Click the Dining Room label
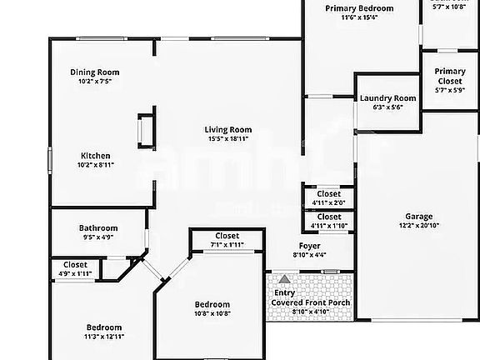[94, 72]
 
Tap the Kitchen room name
[95, 156]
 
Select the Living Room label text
[228, 129]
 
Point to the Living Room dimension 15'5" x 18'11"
[228, 138]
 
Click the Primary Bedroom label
[359, 8]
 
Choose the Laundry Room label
[387, 98]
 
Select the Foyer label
[309, 245]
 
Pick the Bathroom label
[98, 227]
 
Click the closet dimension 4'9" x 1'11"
[75, 273]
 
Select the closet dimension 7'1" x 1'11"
[227, 245]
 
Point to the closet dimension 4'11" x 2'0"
[328, 202]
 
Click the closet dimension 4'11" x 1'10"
[328, 226]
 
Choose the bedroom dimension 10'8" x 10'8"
[212, 313]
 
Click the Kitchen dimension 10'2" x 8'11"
[95, 165]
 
